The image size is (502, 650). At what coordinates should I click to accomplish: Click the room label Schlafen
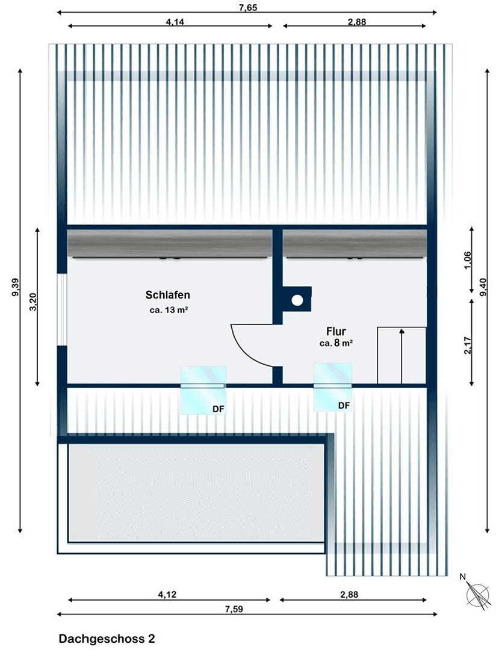(x=168, y=295)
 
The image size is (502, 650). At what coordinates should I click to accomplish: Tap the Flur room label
(x=336, y=331)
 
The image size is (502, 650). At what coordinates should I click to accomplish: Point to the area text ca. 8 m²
(x=336, y=344)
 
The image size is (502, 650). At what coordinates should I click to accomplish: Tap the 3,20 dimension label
(x=33, y=301)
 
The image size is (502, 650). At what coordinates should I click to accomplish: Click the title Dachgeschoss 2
(x=107, y=639)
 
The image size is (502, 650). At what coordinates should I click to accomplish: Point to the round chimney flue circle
(x=297, y=299)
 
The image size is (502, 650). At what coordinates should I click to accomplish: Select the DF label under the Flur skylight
(x=344, y=406)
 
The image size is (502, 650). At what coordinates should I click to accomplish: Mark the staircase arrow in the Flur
(x=401, y=355)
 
